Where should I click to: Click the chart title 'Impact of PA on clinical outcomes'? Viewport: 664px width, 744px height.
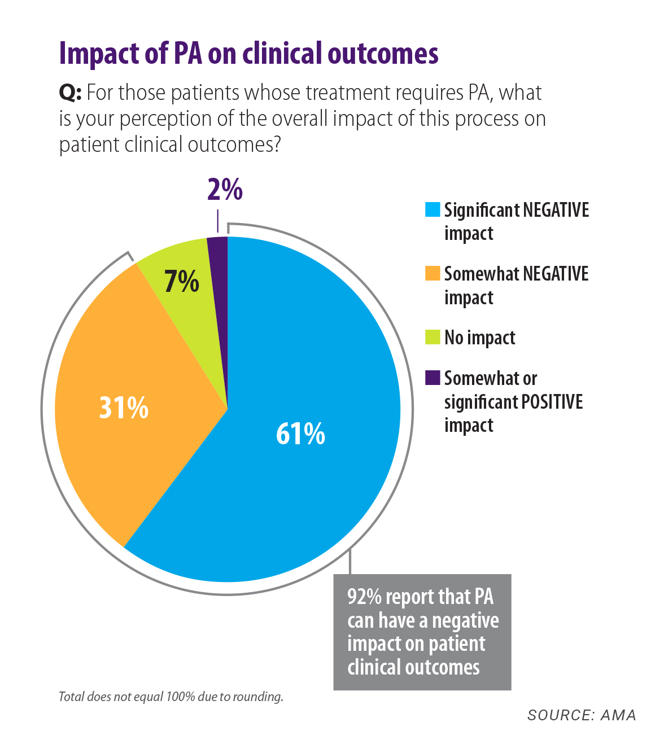click(248, 54)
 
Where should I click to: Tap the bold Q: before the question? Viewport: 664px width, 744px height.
click(71, 93)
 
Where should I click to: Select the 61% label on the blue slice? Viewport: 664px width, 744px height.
click(300, 434)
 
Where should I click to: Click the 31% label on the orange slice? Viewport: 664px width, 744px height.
click(124, 407)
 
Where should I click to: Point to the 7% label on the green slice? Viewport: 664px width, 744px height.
click(181, 281)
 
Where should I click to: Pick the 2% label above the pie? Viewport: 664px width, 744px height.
click(225, 190)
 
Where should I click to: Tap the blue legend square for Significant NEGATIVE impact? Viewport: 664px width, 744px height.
click(433, 209)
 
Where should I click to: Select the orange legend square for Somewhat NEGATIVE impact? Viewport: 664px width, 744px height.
click(433, 273)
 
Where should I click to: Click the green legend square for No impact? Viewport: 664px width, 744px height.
click(433, 337)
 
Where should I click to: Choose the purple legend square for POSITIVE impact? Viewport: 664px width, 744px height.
click(433, 378)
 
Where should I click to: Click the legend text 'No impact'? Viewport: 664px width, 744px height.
click(479, 338)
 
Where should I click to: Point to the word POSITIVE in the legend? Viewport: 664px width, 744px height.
click(552, 402)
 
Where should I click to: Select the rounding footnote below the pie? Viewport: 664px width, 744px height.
click(171, 697)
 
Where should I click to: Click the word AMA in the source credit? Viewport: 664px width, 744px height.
click(618, 715)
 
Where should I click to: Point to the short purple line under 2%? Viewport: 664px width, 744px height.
click(217, 221)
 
